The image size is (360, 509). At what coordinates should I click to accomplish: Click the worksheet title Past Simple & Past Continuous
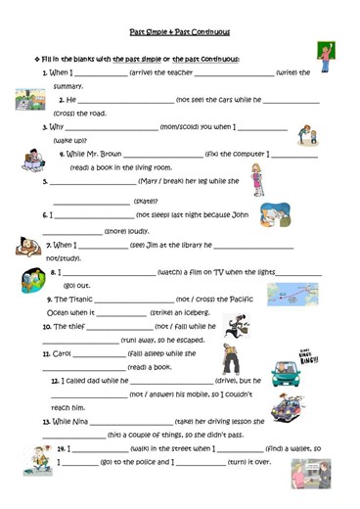coord(181,31)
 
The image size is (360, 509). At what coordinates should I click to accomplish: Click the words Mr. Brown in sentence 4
coord(105,154)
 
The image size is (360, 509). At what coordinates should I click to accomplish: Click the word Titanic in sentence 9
coord(77,299)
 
